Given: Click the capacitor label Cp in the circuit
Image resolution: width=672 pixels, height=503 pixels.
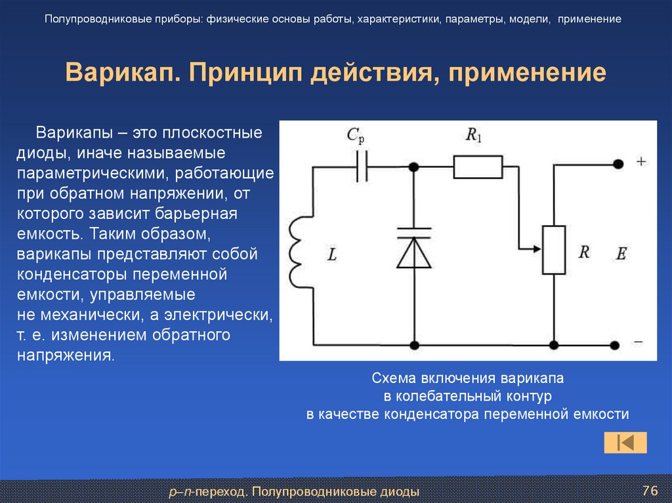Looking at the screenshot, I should pos(355,136).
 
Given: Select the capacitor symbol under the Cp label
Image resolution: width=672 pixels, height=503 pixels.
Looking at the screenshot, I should pos(362,168).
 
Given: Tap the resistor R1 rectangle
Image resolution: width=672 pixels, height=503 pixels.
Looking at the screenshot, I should pos(477,167).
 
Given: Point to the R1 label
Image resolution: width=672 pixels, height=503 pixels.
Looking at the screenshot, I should pos(472,135).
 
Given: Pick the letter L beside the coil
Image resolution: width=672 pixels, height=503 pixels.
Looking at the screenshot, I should pos(331,255).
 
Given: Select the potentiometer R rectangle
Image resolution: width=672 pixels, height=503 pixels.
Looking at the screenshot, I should pos(554,249).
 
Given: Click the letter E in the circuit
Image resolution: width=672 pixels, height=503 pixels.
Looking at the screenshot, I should pos(621,254).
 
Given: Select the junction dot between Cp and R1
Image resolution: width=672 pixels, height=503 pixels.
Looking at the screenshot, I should pos(414,167).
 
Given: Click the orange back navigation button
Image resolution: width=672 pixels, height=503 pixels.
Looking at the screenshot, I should pos(625,442).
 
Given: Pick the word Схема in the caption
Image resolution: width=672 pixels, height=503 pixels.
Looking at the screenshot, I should pos(393,379).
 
